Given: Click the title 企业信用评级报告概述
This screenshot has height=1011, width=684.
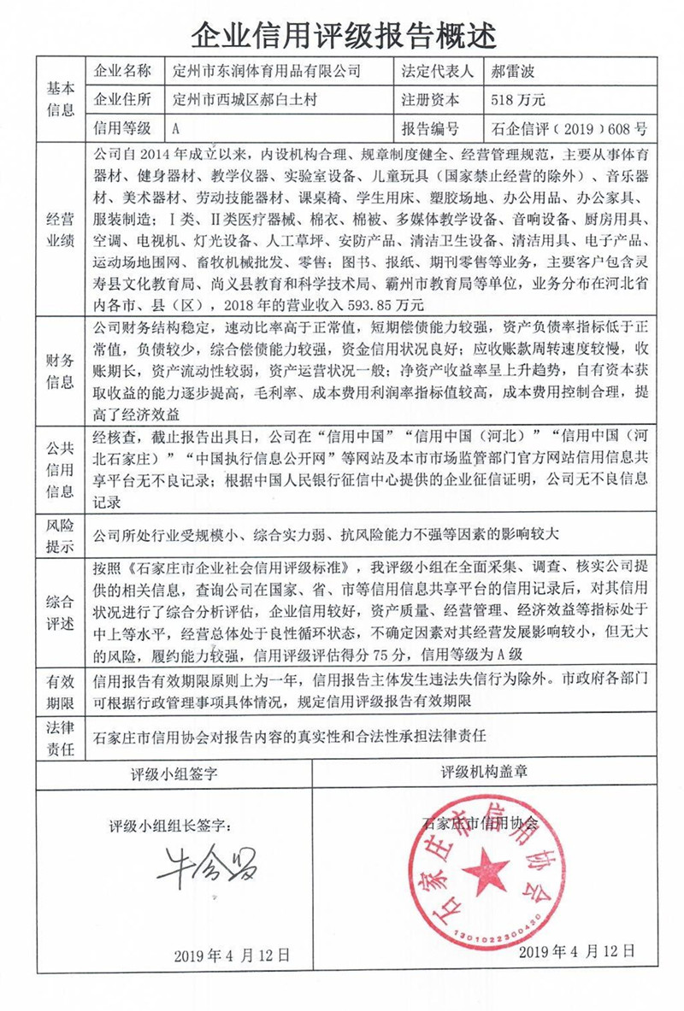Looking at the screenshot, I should [342, 34].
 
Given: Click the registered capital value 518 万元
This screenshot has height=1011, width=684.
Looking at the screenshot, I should [519, 100].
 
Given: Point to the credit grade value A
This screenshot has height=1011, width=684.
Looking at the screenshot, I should [175, 129].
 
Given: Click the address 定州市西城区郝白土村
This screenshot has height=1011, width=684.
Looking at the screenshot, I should [244, 100].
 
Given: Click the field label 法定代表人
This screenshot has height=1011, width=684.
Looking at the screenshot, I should [435, 71].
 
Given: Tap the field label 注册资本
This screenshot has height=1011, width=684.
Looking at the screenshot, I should [430, 100].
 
